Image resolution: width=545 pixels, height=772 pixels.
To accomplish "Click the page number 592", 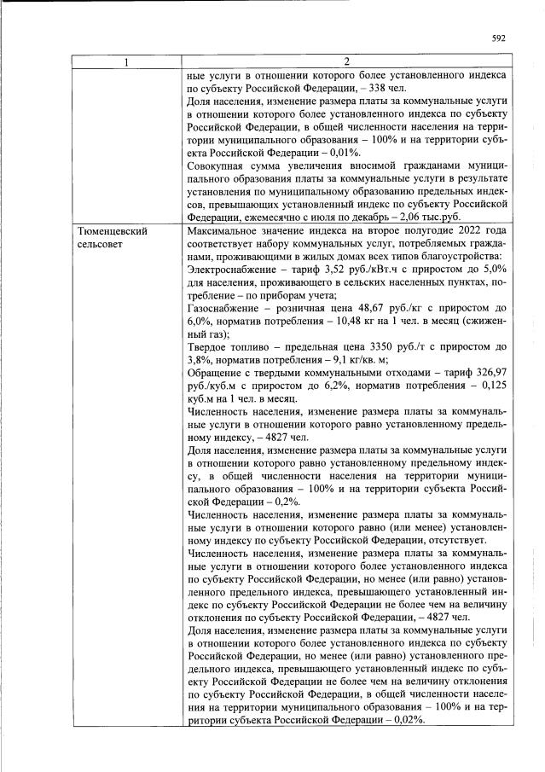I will [500, 38].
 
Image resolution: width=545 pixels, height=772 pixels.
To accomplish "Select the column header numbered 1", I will [125, 61].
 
